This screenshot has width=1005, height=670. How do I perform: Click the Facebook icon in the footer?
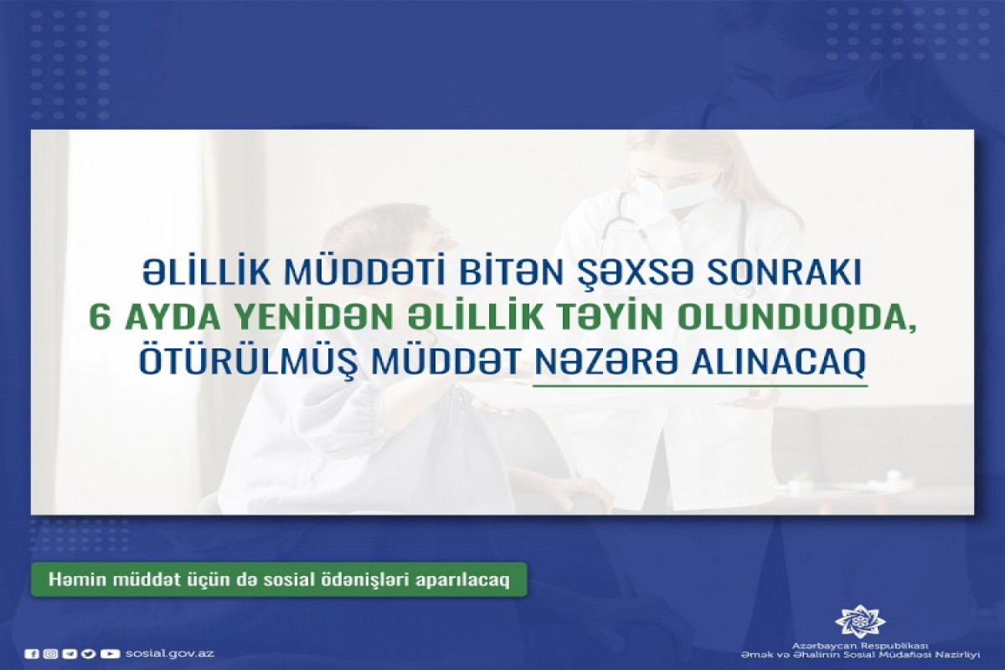pyautogui.click(x=32, y=654)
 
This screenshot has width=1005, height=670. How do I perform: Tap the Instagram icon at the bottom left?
pyautogui.click(x=51, y=654)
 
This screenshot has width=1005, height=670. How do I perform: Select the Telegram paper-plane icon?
pyautogui.click(x=70, y=654)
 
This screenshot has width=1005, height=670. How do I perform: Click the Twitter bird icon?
pyautogui.click(x=89, y=654)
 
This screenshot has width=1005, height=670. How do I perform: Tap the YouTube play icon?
pyautogui.click(x=110, y=654)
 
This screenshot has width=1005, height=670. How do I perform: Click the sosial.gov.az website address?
pyautogui.click(x=169, y=653)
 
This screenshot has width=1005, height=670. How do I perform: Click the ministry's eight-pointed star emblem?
pyautogui.click(x=859, y=622)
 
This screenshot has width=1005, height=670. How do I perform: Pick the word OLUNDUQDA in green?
pyautogui.click(x=798, y=320)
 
